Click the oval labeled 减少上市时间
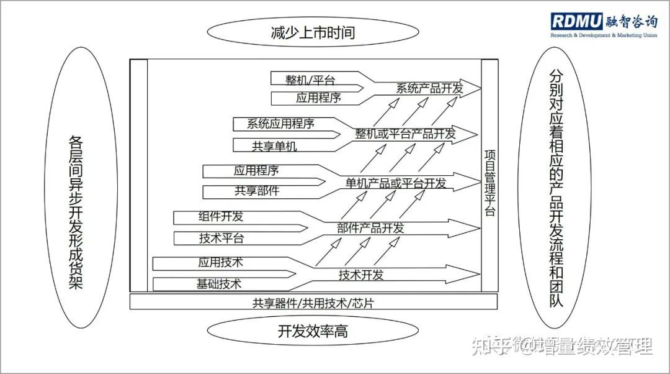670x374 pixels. pos(313,32)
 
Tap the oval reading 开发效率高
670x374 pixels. pos(313,331)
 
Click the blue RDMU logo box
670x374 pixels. pos(576,21)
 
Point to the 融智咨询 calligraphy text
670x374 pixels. pos(631,21)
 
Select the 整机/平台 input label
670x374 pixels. pos(310,80)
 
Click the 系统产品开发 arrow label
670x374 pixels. pos(429,89)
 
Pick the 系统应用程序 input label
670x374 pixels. pos(280,124)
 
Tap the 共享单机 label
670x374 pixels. pos(274,147)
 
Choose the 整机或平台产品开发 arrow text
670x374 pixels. pos(406,134)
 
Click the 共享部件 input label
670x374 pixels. pos(257,191)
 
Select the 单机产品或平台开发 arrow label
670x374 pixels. pos(396,183)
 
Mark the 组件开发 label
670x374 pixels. pos(221,217)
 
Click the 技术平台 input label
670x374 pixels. pos(221,239)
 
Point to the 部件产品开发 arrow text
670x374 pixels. pos(370,228)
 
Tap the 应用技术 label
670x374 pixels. pos(220,262)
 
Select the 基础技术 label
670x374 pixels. pos(219,284)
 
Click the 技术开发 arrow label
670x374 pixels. pos(361,275)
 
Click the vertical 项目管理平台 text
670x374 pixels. pos(489,183)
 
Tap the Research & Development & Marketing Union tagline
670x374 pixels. pos(604,35)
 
